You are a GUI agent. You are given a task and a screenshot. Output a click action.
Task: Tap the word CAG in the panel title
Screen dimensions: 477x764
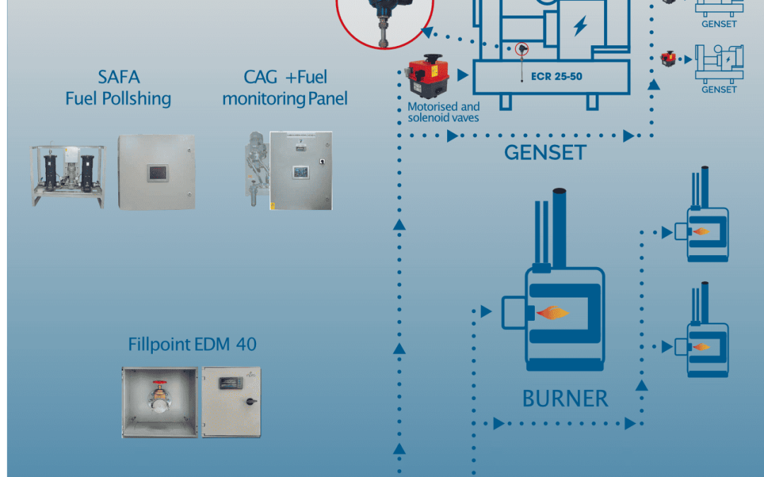pos(260,76)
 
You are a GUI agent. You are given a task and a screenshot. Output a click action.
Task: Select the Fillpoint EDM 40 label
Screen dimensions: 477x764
pos(192,345)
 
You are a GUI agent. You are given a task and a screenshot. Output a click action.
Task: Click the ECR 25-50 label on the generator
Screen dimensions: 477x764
pos(557,76)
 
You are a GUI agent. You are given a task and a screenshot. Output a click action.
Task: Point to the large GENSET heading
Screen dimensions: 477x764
pos(545,151)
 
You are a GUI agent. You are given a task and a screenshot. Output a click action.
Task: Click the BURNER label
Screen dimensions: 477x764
pos(565,399)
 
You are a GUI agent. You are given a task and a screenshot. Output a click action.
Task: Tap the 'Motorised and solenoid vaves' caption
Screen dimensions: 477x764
pos(444,112)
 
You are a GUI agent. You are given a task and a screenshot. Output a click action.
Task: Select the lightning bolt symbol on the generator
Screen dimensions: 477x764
pos(580,27)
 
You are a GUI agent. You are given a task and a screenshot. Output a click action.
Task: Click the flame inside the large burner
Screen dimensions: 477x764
pos(553,312)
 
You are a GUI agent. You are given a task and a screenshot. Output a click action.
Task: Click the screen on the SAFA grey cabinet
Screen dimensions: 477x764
pos(156,172)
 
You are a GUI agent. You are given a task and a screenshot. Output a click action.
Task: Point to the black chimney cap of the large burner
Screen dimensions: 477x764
pos(559,192)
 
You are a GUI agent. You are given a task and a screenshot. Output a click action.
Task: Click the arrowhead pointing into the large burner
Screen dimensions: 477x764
pos(486,311)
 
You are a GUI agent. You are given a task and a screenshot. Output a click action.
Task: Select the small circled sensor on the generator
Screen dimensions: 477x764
pos(522,48)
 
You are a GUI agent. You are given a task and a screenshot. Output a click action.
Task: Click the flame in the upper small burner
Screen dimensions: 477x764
pos(702,231)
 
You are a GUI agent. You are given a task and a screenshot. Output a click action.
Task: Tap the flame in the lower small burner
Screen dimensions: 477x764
pos(702,346)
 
